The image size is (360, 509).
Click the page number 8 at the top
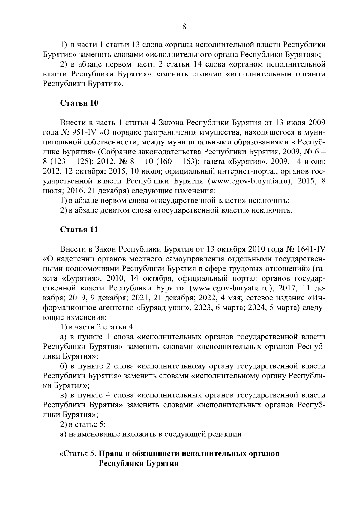(x=184, y=27)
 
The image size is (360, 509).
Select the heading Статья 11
(x=79, y=230)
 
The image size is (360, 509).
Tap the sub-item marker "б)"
(x=64, y=366)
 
